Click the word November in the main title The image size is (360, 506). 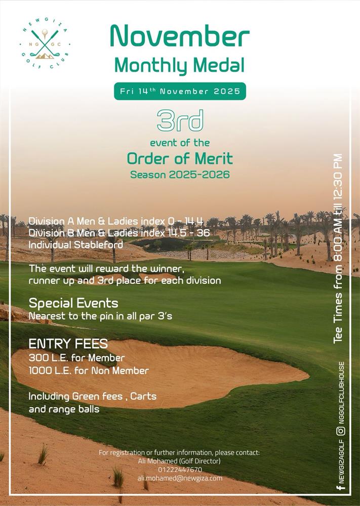coord(180,37)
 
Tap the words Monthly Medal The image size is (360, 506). coord(180,65)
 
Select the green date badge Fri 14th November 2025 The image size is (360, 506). coord(180,92)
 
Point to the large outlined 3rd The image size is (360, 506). coord(180,120)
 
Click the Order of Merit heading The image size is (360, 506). coord(180,159)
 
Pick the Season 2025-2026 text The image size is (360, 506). coord(180,175)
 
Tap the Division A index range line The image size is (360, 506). coord(116,222)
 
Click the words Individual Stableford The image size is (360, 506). coord(75,245)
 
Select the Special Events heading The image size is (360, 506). coord(73,303)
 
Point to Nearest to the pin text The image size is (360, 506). coord(100,316)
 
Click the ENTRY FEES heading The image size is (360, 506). coord(68,344)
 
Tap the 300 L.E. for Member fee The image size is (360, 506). coord(76,358)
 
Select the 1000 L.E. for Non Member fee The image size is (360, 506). coord(89,371)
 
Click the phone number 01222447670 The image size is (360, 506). coord(180,470)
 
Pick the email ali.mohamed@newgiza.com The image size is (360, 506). coord(180,478)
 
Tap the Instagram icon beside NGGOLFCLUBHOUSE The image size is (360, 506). coord(341,431)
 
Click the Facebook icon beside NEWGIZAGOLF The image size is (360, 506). coord(341,488)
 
